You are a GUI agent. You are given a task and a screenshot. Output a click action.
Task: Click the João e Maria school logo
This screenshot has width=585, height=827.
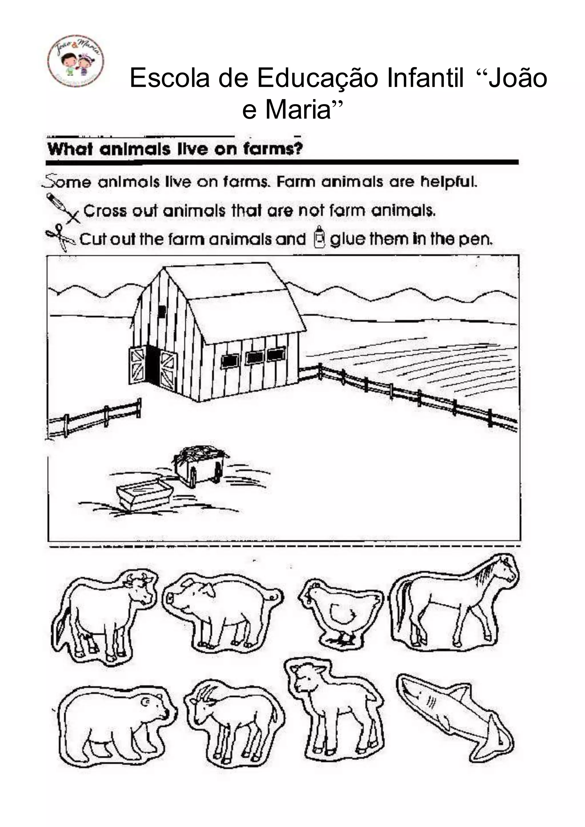(76, 61)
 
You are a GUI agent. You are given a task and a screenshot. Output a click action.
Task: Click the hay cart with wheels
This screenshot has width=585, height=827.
(200, 466)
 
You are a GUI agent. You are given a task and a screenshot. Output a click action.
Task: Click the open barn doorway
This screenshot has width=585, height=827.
(152, 365)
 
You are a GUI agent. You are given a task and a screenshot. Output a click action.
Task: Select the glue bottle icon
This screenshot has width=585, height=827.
(319, 237)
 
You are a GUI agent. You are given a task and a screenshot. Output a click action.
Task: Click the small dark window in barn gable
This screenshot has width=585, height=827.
(162, 311)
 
